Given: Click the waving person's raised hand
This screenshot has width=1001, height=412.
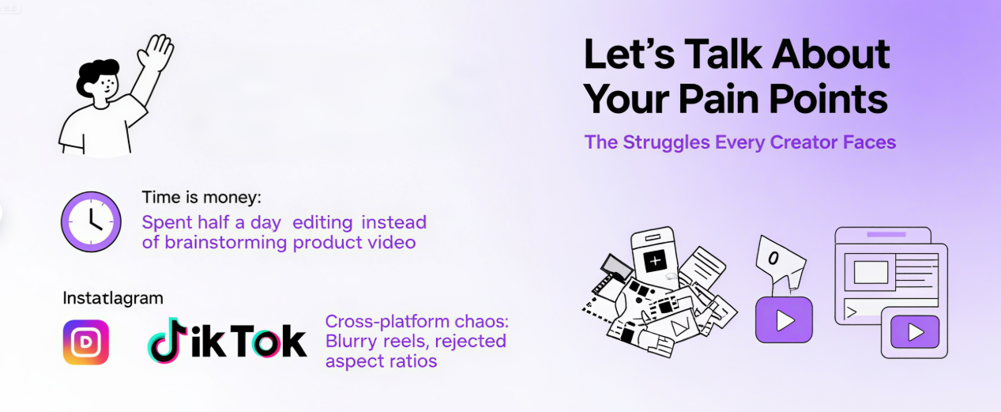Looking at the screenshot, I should point(156,54).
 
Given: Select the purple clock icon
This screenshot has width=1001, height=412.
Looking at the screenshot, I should point(92,221).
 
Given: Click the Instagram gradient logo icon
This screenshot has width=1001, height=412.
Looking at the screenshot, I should point(86,342).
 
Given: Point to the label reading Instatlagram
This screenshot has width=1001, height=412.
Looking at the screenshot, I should point(113,298).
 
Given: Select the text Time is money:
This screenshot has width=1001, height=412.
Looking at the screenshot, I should point(201,198).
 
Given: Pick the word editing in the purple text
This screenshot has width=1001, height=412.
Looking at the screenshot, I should point(324,222).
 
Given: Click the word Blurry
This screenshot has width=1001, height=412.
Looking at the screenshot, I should point(352,342).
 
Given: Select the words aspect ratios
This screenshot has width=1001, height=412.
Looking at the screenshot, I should point(381,361).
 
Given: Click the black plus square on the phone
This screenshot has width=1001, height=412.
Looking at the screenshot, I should point(655,261).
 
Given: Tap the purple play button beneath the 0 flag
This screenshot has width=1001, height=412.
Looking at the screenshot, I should point(784,319).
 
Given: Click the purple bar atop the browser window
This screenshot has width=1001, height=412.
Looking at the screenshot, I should point(886,235).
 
